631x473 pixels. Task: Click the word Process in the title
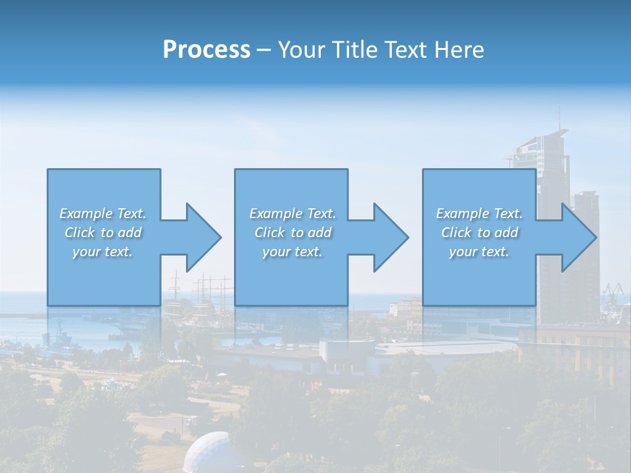click(206, 50)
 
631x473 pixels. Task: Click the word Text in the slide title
click(405, 50)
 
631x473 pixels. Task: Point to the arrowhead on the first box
click(203, 237)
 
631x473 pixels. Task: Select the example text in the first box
click(103, 233)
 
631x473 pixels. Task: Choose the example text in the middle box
click(292, 233)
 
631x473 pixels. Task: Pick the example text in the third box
click(479, 233)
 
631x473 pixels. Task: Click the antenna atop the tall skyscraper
click(560, 118)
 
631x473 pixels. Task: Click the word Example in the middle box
click(274, 214)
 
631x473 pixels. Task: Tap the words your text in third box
click(479, 252)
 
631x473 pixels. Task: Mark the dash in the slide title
click(264, 50)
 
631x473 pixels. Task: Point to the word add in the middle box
click(319, 233)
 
